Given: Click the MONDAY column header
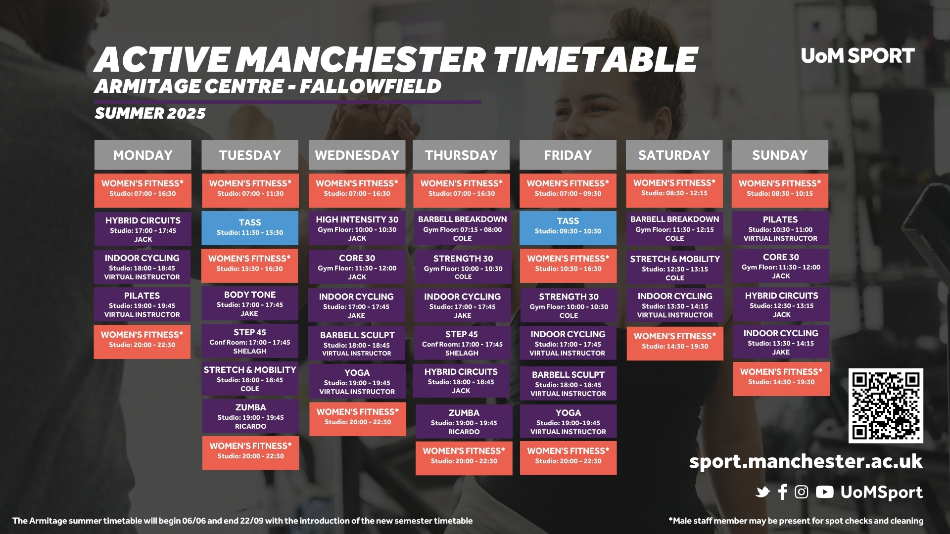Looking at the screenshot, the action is (142, 155).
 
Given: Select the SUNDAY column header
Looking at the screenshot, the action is (780, 155).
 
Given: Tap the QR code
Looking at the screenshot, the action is (886, 405).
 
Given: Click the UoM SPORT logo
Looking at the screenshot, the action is (857, 56).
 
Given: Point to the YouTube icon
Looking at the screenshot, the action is (824, 492).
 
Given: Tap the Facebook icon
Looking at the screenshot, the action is (782, 492).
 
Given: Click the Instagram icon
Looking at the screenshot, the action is (802, 492).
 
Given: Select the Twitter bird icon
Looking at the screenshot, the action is (763, 492).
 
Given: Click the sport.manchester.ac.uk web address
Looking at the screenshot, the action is (806, 461).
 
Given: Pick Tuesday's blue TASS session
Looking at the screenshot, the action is (250, 228).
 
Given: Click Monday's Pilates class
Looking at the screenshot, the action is (142, 305).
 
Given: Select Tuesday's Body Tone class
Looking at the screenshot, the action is (250, 303).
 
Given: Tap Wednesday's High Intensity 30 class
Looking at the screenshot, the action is (357, 228).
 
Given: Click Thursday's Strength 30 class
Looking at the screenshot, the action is (463, 267).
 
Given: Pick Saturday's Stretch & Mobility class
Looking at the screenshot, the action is (675, 267).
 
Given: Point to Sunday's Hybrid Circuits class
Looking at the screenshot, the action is (781, 305).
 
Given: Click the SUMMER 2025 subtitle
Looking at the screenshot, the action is (150, 113).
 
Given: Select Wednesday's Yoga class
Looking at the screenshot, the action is (357, 381).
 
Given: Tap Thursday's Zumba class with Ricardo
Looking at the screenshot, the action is (464, 422).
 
